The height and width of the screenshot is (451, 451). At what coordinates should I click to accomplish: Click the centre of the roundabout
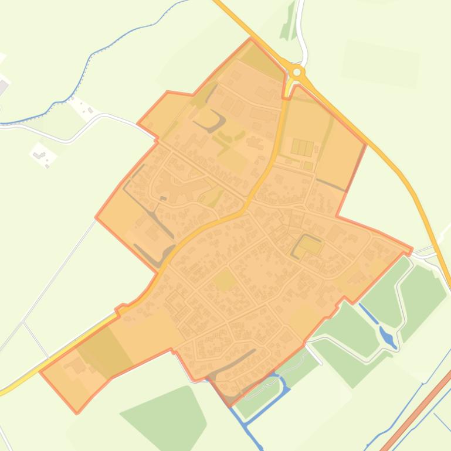[x=297, y=72]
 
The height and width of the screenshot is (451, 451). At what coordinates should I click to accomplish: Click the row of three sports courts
[x=302, y=147]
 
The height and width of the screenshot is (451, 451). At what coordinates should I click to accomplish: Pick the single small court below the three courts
[x=308, y=166]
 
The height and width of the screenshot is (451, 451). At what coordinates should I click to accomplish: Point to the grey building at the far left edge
[x=3, y=87]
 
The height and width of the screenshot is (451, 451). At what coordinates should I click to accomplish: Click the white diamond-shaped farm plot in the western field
[x=43, y=155]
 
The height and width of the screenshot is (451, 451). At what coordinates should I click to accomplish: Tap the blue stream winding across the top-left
[x=88, y=64]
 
